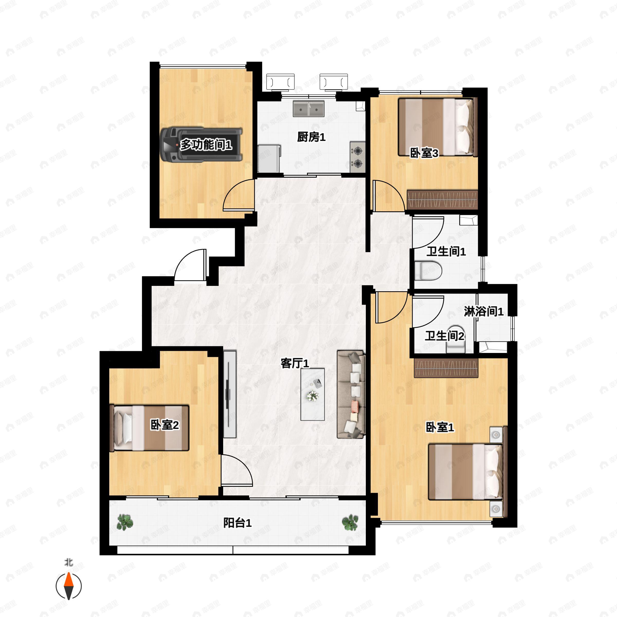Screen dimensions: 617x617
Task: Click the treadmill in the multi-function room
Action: (x=202, y=144)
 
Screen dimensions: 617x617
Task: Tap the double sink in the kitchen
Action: (x=308, y=108)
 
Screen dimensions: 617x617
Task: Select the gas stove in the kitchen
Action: (x=358, y=157)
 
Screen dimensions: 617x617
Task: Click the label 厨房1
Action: (x=311, y=137)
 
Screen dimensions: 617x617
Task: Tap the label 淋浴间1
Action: (x=484, y=311)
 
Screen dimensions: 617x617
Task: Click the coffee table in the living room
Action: (x=313, y=394)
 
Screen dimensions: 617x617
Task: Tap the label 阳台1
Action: (x=237, y=523)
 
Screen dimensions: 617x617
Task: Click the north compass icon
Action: (x=69, y=586)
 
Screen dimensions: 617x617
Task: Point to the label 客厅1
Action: (x=295, y=364)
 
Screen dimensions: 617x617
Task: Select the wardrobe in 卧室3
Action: (x=442, y=199)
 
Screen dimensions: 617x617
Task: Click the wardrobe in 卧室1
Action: (x=446, y=368)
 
